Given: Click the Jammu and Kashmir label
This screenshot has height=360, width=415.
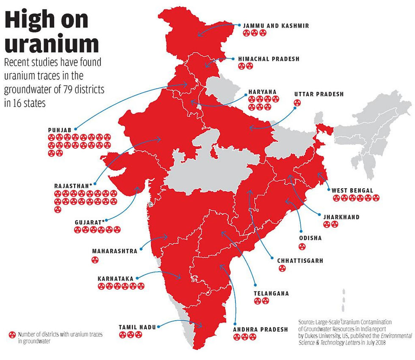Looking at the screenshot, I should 276,26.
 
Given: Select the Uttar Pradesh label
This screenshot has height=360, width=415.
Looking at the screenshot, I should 318,94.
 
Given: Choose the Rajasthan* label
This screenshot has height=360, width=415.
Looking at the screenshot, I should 73,186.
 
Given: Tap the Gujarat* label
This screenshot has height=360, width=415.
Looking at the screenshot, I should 89,221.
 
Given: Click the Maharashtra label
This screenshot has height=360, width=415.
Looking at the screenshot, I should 114,251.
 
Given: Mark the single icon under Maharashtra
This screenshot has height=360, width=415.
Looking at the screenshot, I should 94,260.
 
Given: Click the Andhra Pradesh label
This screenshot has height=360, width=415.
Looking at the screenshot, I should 260,329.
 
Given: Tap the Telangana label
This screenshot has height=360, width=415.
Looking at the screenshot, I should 271,293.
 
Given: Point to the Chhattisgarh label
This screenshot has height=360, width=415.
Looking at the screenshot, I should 300,261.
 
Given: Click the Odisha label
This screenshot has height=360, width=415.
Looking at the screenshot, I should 310,238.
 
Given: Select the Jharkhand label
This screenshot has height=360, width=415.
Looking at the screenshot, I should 341,217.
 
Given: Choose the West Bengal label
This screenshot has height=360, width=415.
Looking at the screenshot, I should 352,190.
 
